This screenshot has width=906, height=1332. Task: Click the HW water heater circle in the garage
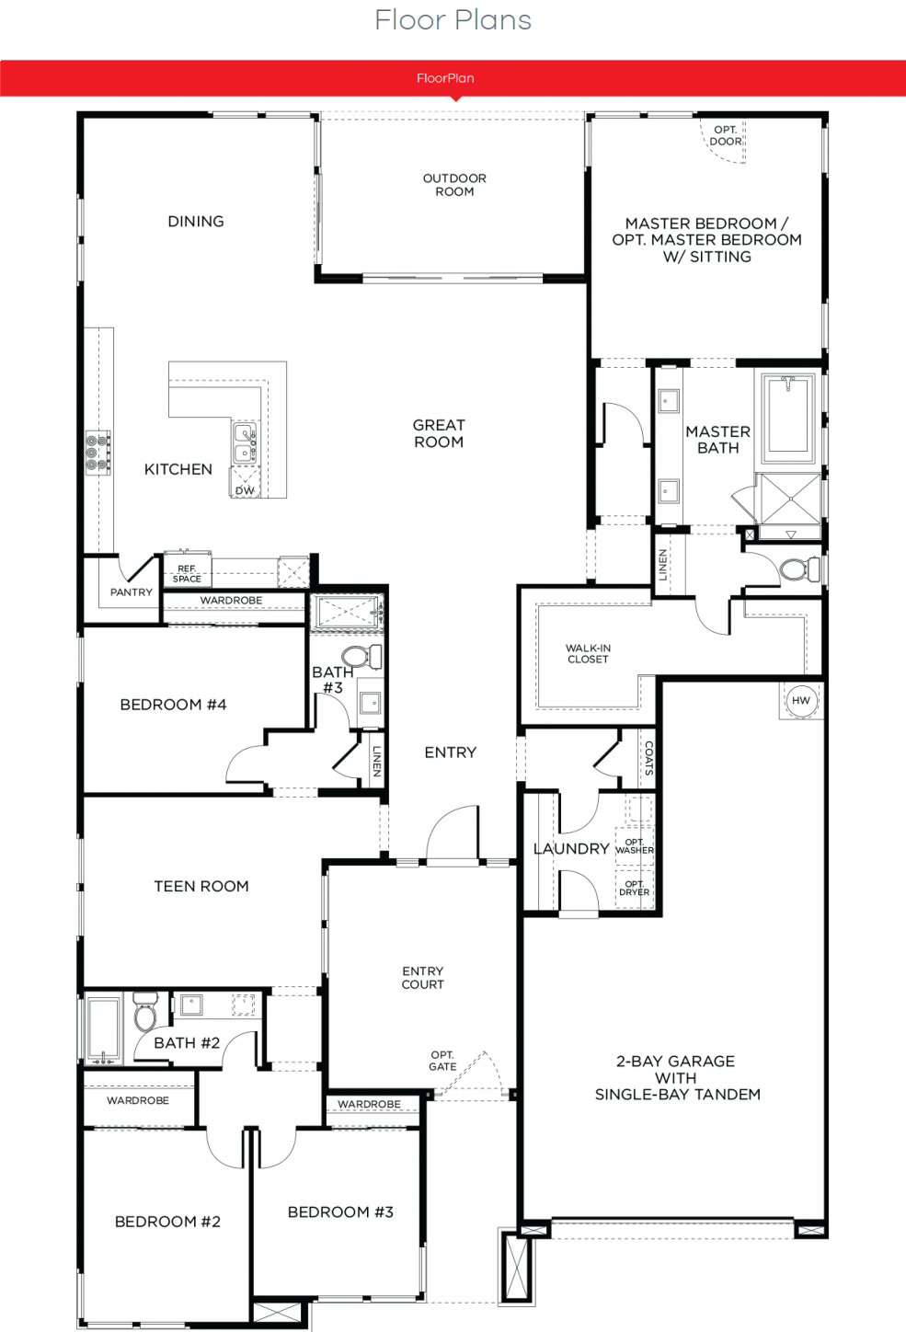coord(801,700)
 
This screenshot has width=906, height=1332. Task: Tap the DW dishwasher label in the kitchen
coord(245,490)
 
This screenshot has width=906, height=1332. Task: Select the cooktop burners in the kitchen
coord(97,453)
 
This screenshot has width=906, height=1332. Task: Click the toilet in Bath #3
coord(361,657)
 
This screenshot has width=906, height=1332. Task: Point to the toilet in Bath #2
coord(145,1011)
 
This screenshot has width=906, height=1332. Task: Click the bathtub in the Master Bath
coord(788,419)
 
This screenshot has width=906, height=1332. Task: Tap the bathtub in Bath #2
coord(103,1029)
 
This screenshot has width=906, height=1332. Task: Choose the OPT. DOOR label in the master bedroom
coord(726,135)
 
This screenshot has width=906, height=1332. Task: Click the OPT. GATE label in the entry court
coord(443,1061)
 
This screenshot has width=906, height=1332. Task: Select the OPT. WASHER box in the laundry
coord(635,845)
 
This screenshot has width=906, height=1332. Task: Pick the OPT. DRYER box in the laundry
coord(635,889)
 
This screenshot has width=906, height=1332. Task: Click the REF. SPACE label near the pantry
coord(187,574)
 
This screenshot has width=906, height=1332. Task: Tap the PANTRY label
coord(132,592)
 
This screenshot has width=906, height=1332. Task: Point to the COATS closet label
coord(649,758)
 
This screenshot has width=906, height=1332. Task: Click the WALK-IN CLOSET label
coord(588,653)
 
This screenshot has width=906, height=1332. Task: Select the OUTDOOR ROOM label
coord(454,185)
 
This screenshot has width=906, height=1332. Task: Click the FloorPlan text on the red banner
coord(445,78)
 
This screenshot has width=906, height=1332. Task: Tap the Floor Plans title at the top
coord(453,20)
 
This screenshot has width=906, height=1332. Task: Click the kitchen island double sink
coord(245,443)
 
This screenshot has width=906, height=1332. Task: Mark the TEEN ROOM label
coord(201,886)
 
